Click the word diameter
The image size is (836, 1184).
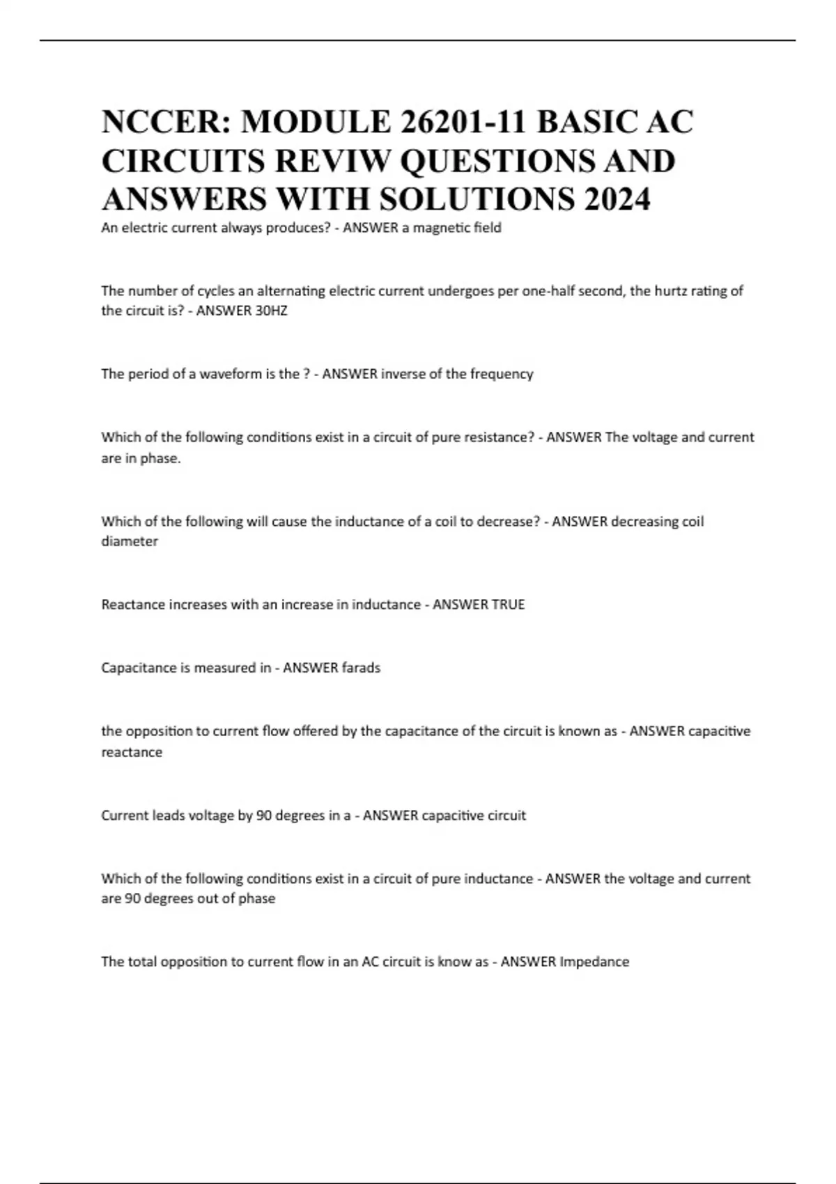[130, 541]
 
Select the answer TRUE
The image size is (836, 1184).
[508, 605]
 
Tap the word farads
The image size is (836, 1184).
[361, 668]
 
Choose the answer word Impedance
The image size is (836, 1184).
[594, 962]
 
